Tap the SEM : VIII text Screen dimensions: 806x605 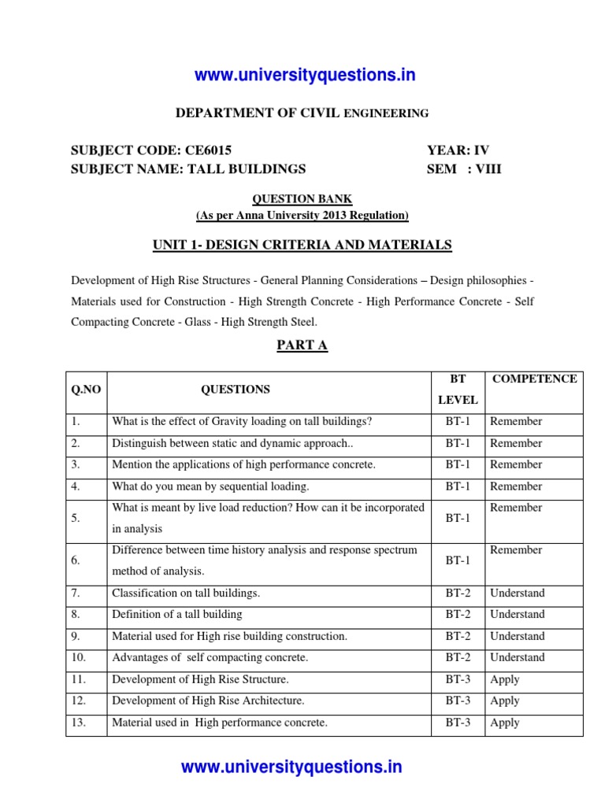coord(464,168)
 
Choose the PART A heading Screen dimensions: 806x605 coord(302,346)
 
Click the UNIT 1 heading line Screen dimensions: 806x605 coord(302,246)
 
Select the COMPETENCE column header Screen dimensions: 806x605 coord(534,379)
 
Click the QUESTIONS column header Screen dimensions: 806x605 coord(235,389)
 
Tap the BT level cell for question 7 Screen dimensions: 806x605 coord(458,593)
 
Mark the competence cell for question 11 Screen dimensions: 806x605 coord(504,679)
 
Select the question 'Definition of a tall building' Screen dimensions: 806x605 coord(177,614)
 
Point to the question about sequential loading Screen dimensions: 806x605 coord(210,486)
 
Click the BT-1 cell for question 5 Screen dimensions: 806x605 coord(458,518)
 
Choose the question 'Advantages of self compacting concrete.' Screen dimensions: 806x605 coord(210,657)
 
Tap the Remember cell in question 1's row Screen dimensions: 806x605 coord(516,422)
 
